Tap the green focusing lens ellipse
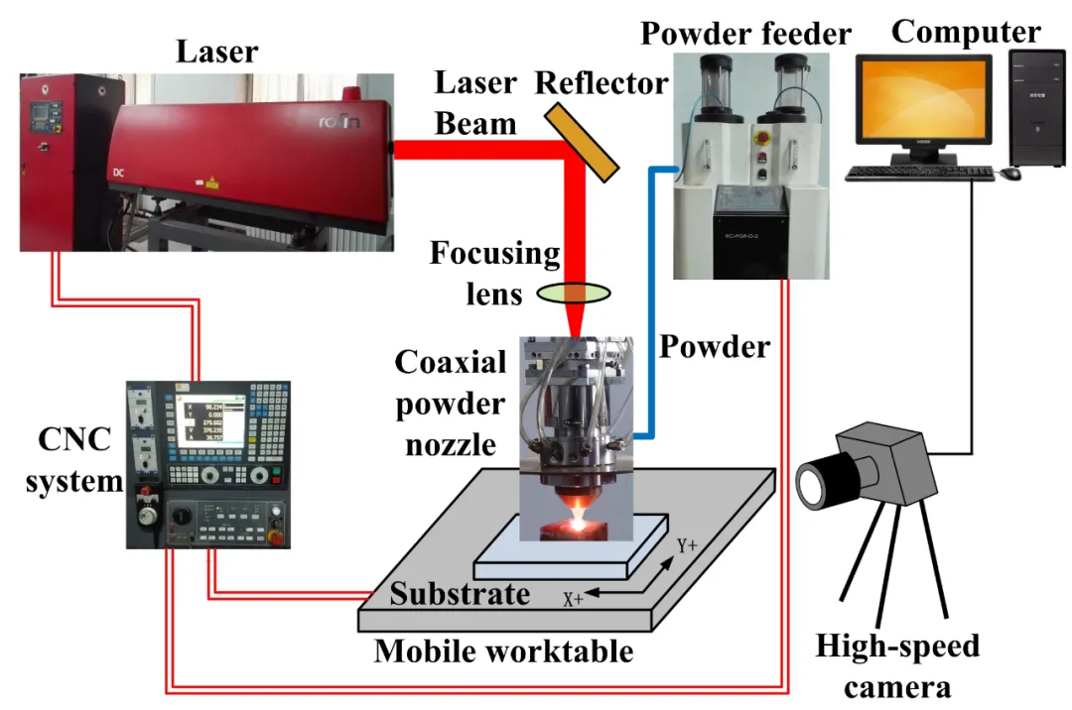coord(574,293)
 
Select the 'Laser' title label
coord(217,51)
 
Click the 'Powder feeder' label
coord(745,33)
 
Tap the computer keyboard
coord(918,174)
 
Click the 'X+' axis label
coord(573,599)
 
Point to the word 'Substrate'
coord(460,594)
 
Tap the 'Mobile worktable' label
coord(503,651)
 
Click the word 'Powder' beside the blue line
coord(715,346)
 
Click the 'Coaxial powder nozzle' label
coord(451,403)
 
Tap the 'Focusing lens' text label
coord(495,273)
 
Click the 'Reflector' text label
coord(602,83)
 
